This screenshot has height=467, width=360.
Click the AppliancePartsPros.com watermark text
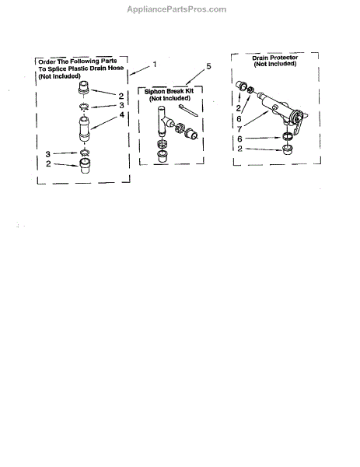(177, 9)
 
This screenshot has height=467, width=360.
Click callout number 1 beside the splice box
(155, 65)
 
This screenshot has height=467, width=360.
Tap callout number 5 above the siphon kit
(208, 66)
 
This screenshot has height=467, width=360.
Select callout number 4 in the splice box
(122, 114)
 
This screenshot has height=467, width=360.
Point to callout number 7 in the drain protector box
(239, 129)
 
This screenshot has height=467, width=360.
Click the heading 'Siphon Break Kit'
(169, 91)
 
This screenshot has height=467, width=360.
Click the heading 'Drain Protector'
(275, 58)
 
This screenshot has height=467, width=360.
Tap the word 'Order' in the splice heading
(47, 61)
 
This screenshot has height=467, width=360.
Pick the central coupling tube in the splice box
(84, 128)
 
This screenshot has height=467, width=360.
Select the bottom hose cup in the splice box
(85, 167)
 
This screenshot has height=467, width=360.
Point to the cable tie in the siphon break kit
(188, 111)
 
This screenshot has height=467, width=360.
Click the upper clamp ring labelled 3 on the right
(84, 107)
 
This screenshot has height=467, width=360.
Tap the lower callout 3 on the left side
(48, 154)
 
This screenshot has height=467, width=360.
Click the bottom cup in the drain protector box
(288, 149)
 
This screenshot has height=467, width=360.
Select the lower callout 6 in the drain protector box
(239, 139)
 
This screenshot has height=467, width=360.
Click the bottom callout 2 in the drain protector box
(239, 149)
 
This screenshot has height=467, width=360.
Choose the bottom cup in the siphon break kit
(163, 156)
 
